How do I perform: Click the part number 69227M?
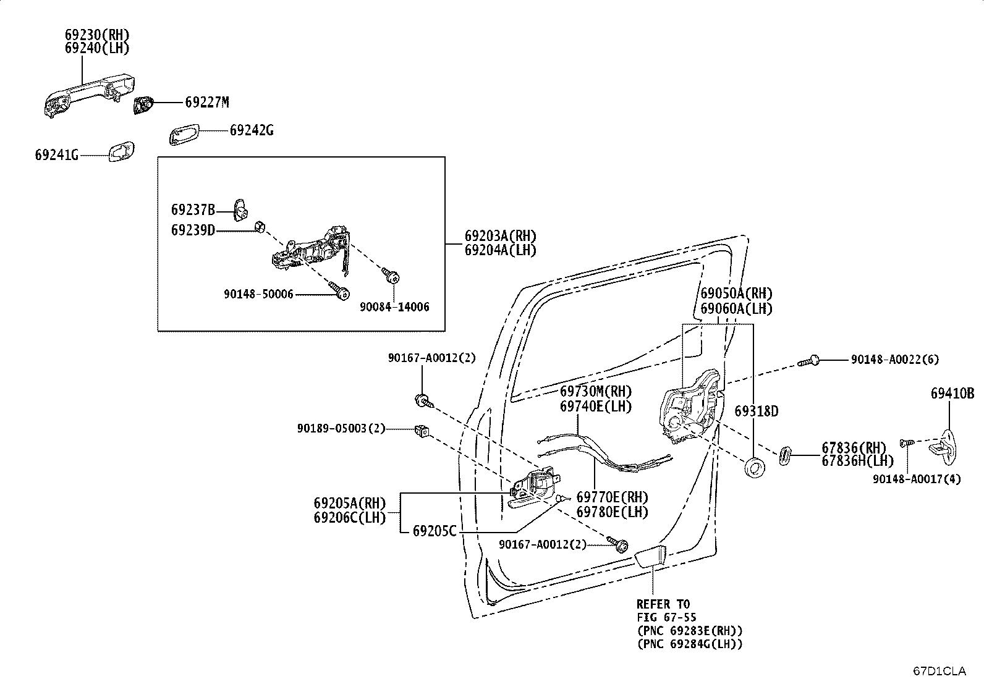point(206,103)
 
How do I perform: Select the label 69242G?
point(252,130)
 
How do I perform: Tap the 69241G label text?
point(57,155)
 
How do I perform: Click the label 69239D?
point(193,230)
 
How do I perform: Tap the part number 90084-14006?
point(394,307)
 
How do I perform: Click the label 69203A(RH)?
point(501,236)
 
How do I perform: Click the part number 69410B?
point(952,394)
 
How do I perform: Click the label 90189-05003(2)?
point(341,428)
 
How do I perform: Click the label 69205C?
point(435,531)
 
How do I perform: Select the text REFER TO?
point(663,604)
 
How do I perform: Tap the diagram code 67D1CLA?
point(939,670)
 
